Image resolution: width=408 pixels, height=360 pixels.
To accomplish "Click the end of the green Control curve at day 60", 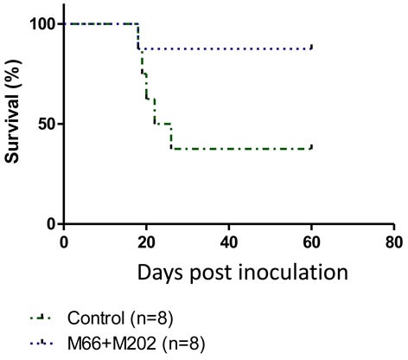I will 311,147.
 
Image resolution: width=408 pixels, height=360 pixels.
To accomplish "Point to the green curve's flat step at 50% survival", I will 163,124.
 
